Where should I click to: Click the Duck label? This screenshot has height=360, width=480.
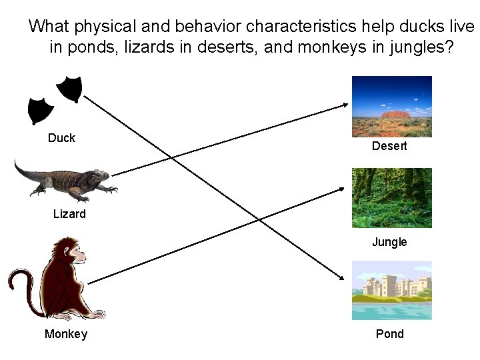61,138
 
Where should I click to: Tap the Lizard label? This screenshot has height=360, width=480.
69,214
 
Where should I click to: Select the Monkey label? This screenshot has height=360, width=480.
65,334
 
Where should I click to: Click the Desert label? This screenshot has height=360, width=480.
389,146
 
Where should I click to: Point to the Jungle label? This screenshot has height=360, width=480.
389,242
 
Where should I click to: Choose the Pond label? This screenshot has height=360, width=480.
390,334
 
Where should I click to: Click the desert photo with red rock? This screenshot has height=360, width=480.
391,106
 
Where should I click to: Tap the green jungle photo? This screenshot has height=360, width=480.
391,198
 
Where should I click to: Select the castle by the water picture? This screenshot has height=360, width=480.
391,291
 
